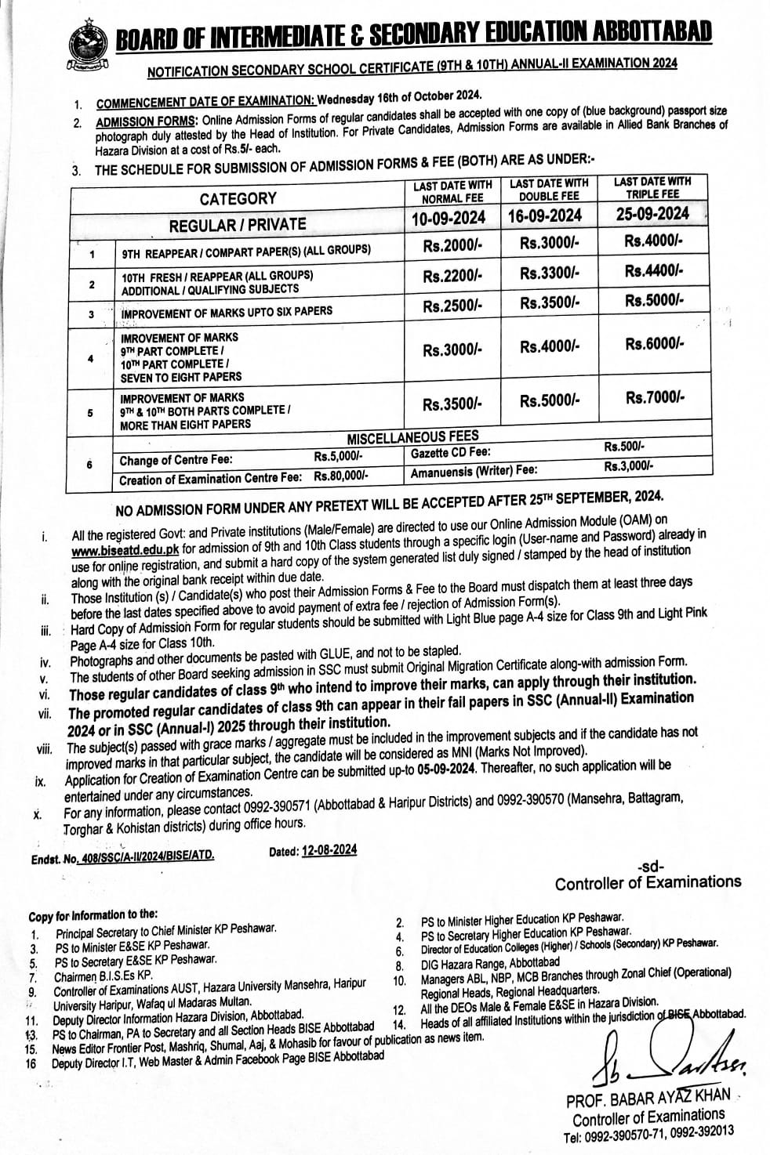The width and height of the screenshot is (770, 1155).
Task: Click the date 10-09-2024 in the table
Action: pyautogui.click(x=449, y=217)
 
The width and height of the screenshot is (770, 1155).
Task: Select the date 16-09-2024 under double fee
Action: pyautogui.click(x=547, y=215)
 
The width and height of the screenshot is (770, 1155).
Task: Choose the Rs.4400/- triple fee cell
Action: pyautogui.click(x=655, y=270)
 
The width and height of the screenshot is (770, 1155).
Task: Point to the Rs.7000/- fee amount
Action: pyautogui.click(x=655, y=398)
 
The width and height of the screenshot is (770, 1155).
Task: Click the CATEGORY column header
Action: pyautogui.click(x=238, y=198)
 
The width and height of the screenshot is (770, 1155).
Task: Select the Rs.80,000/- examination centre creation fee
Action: pyautogui.click(x=341, y=475)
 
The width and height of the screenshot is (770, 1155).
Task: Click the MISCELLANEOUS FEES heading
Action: pyautogui.click(x=412, y=436)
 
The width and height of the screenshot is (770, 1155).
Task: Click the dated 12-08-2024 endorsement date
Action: pyautogui.click(x=329, y=850)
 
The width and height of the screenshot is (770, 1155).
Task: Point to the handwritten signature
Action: pyautogui.click(x=667, y=1059)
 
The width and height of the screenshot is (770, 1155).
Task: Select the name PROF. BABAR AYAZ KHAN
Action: pyautogui.click(x=647, y=1099)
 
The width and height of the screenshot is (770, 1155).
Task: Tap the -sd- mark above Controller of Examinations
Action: pyautogui.click(x=650, y=867)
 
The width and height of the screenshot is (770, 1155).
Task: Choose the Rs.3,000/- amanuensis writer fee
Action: pyautogui.click(x=628, y=465)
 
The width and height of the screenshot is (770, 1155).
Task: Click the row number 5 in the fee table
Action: pyautogui.click(x=91, y=412)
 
